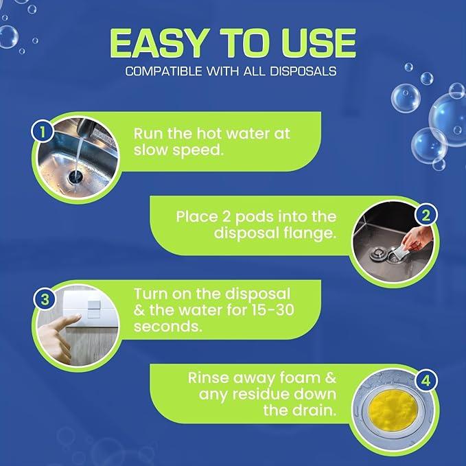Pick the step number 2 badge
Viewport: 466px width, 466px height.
tap(426, 215)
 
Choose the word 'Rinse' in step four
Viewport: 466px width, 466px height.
tap(209, 377)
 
